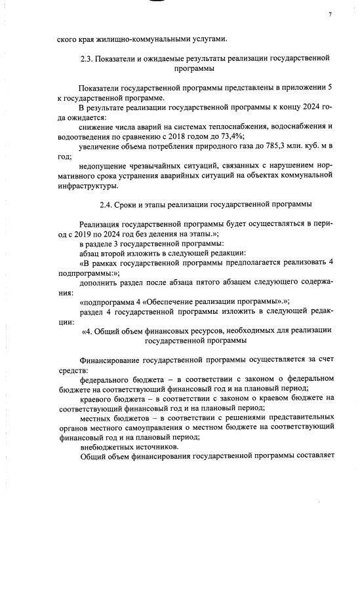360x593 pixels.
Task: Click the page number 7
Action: [x=330, y=14]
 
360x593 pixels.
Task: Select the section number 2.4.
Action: [x=107, y=204]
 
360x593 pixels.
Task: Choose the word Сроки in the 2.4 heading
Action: [x=131, y=204]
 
